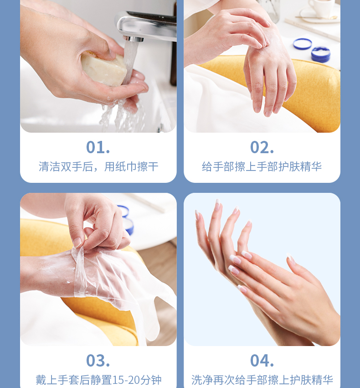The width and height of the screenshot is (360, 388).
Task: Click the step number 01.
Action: (x=98, y=147)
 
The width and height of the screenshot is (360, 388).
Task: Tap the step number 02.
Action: (x=262, y=147)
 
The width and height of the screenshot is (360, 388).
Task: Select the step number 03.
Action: (x=98, y=361)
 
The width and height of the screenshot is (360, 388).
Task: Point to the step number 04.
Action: (x=262, y=361)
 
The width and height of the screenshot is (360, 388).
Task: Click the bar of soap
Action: (x=104, y=69)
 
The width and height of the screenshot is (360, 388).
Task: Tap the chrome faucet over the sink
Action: (x=146, y=26)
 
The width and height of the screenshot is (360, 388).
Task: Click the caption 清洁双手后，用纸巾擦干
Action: (x=98, y=166)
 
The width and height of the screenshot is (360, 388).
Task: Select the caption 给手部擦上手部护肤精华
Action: (x=262, y=166)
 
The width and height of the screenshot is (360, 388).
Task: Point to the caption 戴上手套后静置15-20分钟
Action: (x=98, y=380)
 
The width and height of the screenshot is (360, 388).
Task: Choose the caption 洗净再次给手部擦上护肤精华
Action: (x=262, y=380)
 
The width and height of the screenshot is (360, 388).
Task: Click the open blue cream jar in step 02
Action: (x=321, y=54)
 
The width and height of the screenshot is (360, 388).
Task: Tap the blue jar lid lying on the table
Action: (x=302, y=44)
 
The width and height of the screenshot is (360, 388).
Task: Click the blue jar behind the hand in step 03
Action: (x=127, y=221)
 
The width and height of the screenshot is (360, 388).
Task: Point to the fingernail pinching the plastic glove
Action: (x=77, y=243)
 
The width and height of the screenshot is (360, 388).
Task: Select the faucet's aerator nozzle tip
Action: (x=133, y=39)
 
